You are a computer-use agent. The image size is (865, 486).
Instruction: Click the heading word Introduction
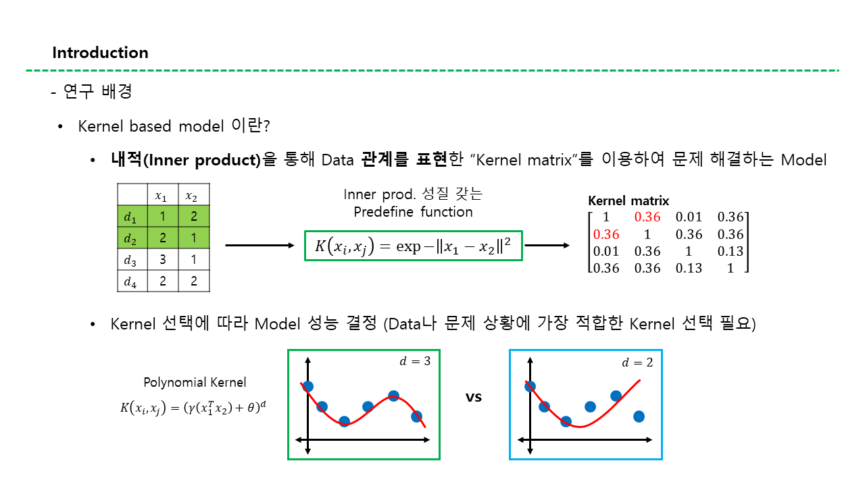click(x=101, y=53)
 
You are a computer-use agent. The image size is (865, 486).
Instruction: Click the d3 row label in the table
click(x=130, y=261)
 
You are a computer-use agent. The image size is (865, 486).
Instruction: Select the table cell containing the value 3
click(x=163, y=259)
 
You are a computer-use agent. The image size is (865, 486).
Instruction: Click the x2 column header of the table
click(x=191, y=196)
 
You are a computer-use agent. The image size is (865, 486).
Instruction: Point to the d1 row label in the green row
click(x=130, y=217)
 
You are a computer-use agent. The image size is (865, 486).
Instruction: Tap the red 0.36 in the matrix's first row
click(x=647, y=217)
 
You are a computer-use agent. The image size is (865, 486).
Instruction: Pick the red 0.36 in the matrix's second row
click(x=606, y=234)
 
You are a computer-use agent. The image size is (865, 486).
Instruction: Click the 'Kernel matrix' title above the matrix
click(x=628, y=200)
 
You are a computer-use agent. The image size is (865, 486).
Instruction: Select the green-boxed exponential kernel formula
click(x=413, y=246)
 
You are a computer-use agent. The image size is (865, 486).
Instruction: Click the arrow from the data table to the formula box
click(x=259, y=245)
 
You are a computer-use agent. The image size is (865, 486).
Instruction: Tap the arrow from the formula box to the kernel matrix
click(x=547, y=245)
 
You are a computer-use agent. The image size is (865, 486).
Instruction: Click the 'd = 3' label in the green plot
click(x=415, y=361)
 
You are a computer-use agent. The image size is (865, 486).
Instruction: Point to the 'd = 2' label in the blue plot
click(x=637, y=362)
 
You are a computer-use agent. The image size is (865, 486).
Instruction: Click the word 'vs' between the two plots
click(x=474, y=398)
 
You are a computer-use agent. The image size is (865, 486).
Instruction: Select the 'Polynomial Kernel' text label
click(x=195, y=382)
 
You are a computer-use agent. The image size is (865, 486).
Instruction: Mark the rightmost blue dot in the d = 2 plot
click(x=639, y=416)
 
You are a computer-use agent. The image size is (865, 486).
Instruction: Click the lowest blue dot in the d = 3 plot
click(x=344, y=422)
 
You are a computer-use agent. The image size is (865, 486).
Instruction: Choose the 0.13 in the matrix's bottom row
click(x=689, y=268)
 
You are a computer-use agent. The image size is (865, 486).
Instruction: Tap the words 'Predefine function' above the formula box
click(x=413, y=212)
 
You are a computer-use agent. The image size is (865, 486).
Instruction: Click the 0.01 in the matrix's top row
click(x=689, y=217)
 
